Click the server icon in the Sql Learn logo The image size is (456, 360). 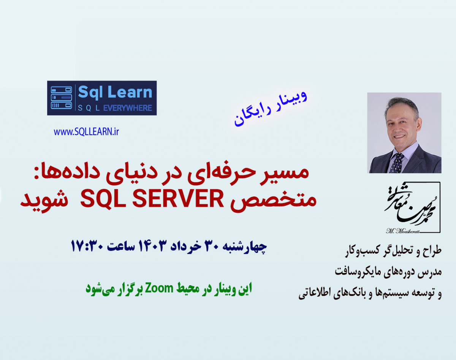point(62,98)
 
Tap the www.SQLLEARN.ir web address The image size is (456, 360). point(86,132)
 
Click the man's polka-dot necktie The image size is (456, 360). point(397,163)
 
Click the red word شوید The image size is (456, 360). point(41,200)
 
